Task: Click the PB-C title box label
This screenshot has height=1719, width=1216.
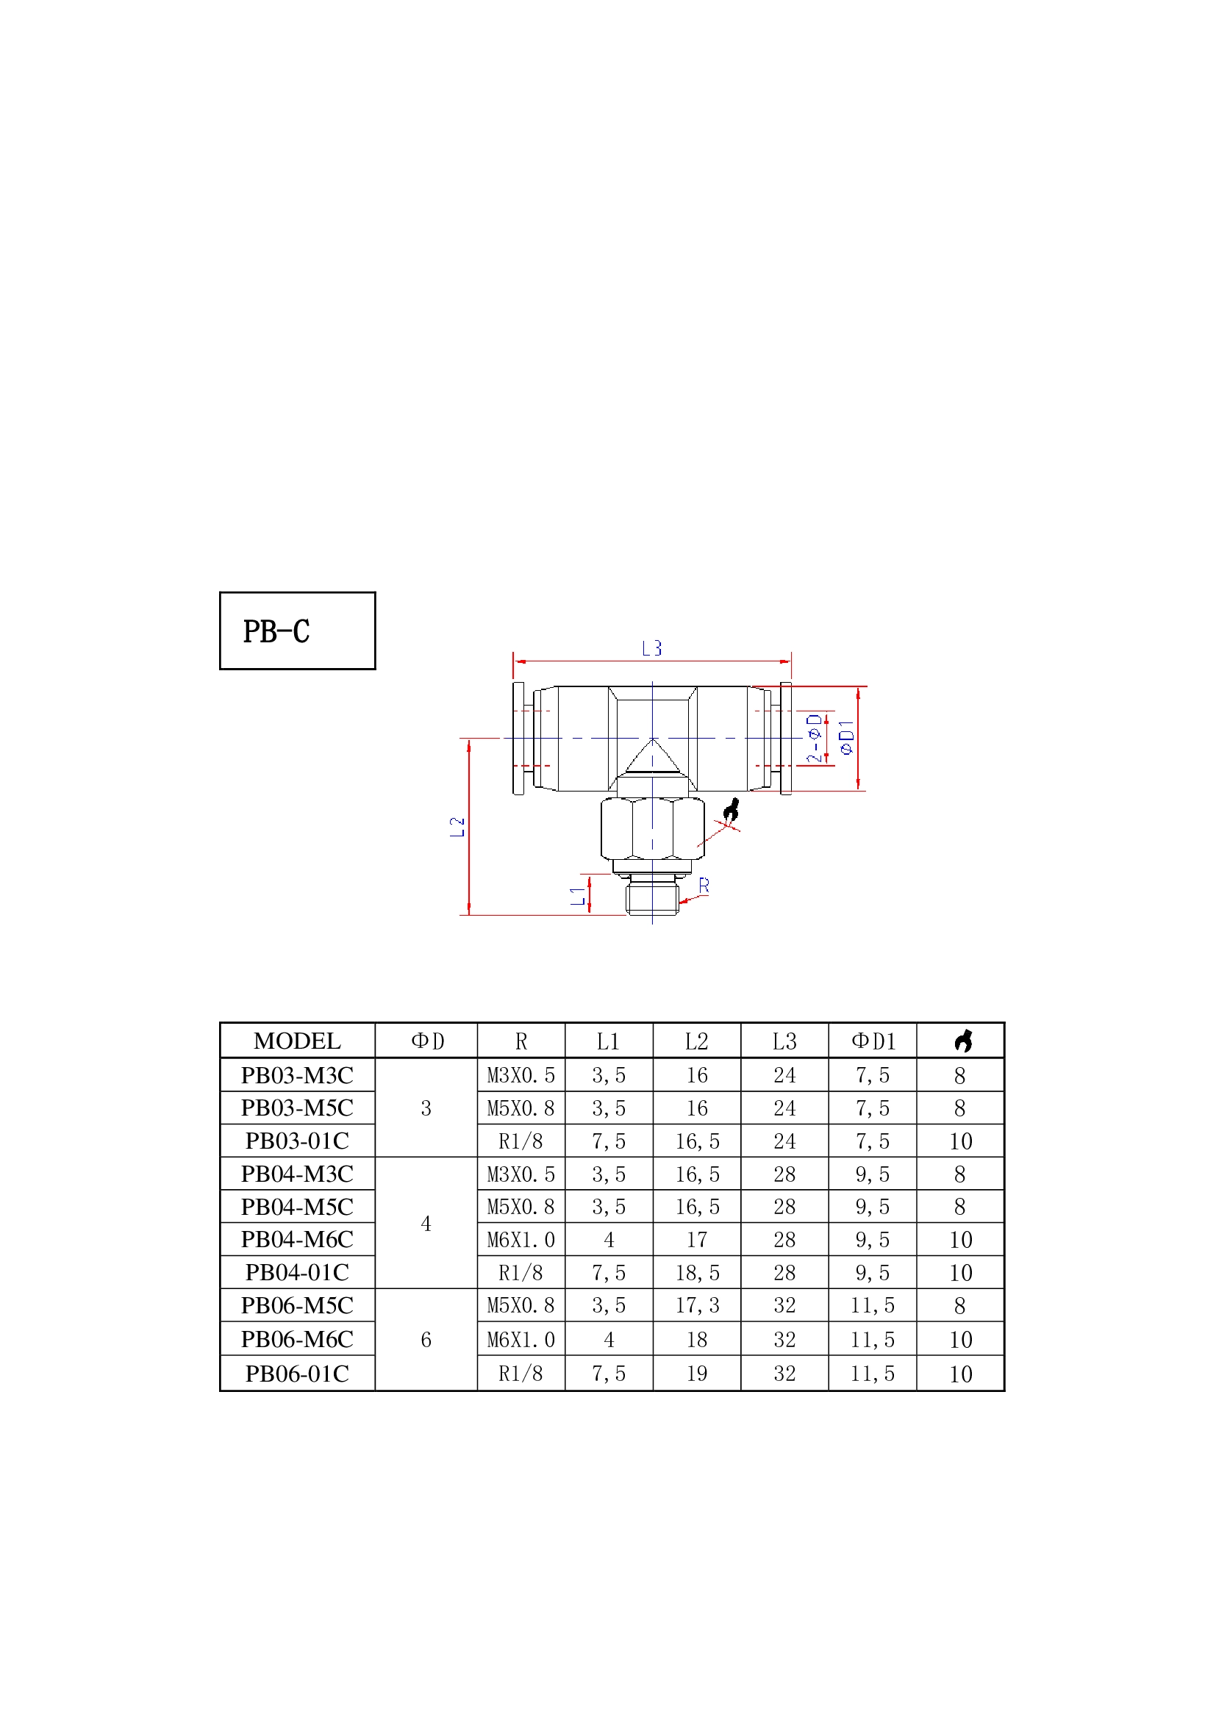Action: [276, 631]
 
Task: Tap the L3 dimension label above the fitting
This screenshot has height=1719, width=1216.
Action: [652, 648]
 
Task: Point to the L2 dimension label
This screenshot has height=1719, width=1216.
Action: [457, 827]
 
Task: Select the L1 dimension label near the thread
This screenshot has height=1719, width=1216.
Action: [578, 895]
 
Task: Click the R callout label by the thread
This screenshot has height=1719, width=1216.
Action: [704, 886]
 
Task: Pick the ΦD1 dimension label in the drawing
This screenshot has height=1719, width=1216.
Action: [847, 737]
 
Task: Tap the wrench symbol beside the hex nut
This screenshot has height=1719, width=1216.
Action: [732, 810]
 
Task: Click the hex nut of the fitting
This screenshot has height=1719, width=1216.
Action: [652, 828]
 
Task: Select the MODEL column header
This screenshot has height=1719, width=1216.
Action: [297, 1041]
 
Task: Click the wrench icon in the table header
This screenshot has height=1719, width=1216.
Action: [963, 1041]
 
